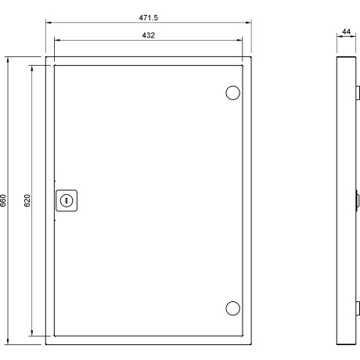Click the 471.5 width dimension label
point(148,18)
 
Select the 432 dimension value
point(149,35)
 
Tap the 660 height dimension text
point(3,200)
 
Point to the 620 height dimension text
point(27,200)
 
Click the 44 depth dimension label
point(346,31)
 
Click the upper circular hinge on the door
point(232,93)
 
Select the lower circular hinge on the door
point(232,308)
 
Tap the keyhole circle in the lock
point(67,200)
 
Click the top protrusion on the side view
point(358,93)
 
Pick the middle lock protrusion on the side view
point(358,200)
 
